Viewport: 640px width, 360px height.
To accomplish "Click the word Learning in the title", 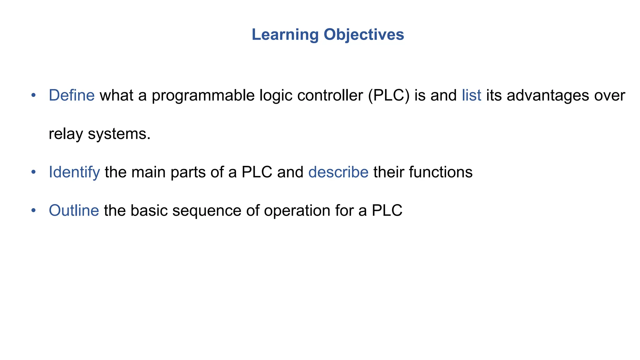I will pos(285,35).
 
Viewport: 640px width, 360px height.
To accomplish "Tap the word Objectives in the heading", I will pos(364,35).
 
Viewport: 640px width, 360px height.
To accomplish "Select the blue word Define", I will pos(72,95).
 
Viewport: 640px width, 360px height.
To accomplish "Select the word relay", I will pos(66,134).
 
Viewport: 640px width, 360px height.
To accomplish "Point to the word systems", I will pos(119,134).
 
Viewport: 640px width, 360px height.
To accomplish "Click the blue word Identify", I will pos(74,172).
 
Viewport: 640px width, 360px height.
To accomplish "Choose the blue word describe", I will pos(338,172).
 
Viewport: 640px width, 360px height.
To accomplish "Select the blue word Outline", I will pos(74,210).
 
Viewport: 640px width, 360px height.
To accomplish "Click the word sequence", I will pos(207,210).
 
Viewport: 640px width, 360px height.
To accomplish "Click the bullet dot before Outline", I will pos(33,210).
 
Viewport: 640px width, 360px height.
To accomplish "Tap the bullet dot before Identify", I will pos(33,172).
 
